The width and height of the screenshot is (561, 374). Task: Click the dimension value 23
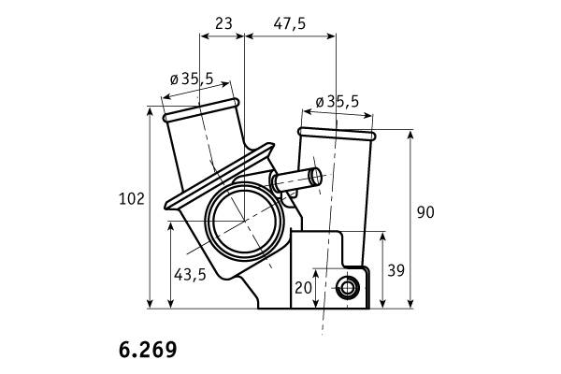(x=224, y=23)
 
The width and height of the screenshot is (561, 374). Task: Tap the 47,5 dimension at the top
(x=290, y=24)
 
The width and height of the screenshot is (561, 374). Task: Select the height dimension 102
(x=132, y=198)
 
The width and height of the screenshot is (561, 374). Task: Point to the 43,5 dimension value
(x=190, y=275)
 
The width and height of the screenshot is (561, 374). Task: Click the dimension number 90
(x=425, y=212)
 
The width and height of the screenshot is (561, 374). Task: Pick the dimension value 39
(x=396, y=271)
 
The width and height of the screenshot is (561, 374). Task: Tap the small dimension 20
(x=303, y=288)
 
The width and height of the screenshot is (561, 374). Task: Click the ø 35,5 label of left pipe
(x=192, y=79)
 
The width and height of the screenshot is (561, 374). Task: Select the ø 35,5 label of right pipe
(x=338, y=102)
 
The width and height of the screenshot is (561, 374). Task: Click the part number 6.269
(x=148, y=350)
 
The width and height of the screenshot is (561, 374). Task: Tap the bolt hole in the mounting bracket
(x=347, y=288)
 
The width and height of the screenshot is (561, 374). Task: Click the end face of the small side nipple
(x=316, y=177)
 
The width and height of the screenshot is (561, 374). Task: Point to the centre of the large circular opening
(x=244, y=221)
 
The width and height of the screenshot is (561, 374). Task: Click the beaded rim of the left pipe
(x=201, y=110)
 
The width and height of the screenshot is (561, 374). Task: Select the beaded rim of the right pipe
(x=337, y=134)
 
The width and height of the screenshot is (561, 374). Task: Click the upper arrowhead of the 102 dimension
(x=150, y=111)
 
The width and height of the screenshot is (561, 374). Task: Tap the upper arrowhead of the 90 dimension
(x=410, y=136)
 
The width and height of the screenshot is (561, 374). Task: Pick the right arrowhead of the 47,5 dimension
(x=331, y=36)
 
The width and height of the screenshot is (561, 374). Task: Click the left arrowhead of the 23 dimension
(x=205, y=36)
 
